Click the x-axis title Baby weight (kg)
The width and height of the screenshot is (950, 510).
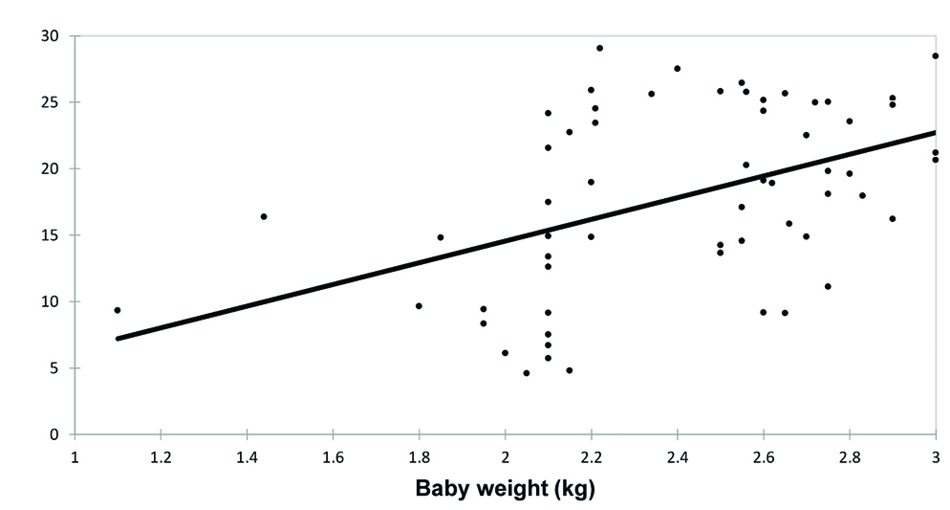(x=505, y=491)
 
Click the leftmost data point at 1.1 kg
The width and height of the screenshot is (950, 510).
(x=118, y=310)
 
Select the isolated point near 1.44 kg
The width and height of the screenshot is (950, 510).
(x=264, y=216)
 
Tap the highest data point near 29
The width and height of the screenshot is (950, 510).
(x=599, y=48)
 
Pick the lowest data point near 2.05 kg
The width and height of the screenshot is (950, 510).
(x=527, y=373)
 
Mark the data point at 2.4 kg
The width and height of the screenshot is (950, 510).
(x=677, y=69)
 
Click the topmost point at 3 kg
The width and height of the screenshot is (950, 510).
(x=935, y=56)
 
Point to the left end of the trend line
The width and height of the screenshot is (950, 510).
(x=119, y=338)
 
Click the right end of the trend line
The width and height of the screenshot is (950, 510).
(x=934, y=132)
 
